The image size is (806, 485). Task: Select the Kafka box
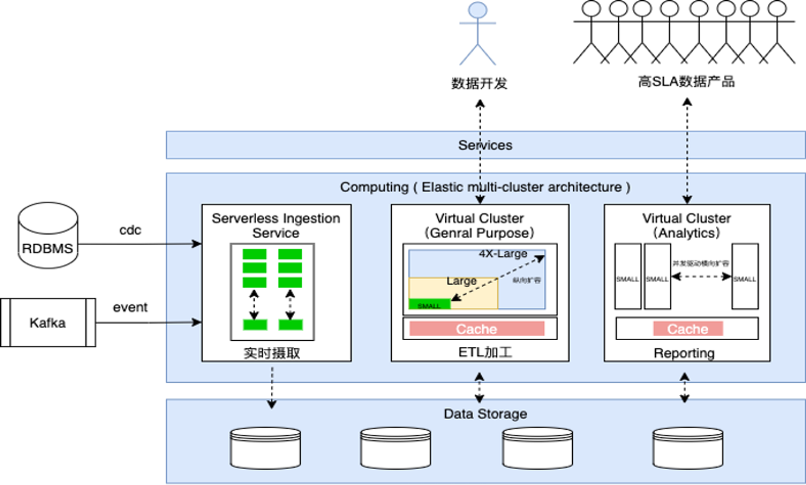pos(48,323)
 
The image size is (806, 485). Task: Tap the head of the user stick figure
pos(478,10)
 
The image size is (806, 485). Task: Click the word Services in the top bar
pos(485,145)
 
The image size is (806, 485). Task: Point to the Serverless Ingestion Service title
pos(276,225)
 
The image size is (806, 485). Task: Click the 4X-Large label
pos(503,254)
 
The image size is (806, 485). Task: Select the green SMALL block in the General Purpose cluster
pos(429,304)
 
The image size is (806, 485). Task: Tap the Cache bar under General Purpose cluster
pos(477,329)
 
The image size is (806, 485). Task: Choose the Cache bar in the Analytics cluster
pos(688,329)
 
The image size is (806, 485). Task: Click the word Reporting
pos(684,353)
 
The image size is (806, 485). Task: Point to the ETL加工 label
pos(485,352)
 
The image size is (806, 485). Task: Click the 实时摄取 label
pos(272,353)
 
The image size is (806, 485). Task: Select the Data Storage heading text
pos(485,414)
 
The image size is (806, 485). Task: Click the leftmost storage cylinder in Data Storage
pos(265,448)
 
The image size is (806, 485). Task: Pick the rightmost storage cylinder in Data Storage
pos(688,448)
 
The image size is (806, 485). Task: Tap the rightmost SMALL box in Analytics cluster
pos(745,277)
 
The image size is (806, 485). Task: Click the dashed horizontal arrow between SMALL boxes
pos(701,277)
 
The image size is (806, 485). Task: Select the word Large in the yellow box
pos(461,281)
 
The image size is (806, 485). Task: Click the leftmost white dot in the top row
pos(591,8)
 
